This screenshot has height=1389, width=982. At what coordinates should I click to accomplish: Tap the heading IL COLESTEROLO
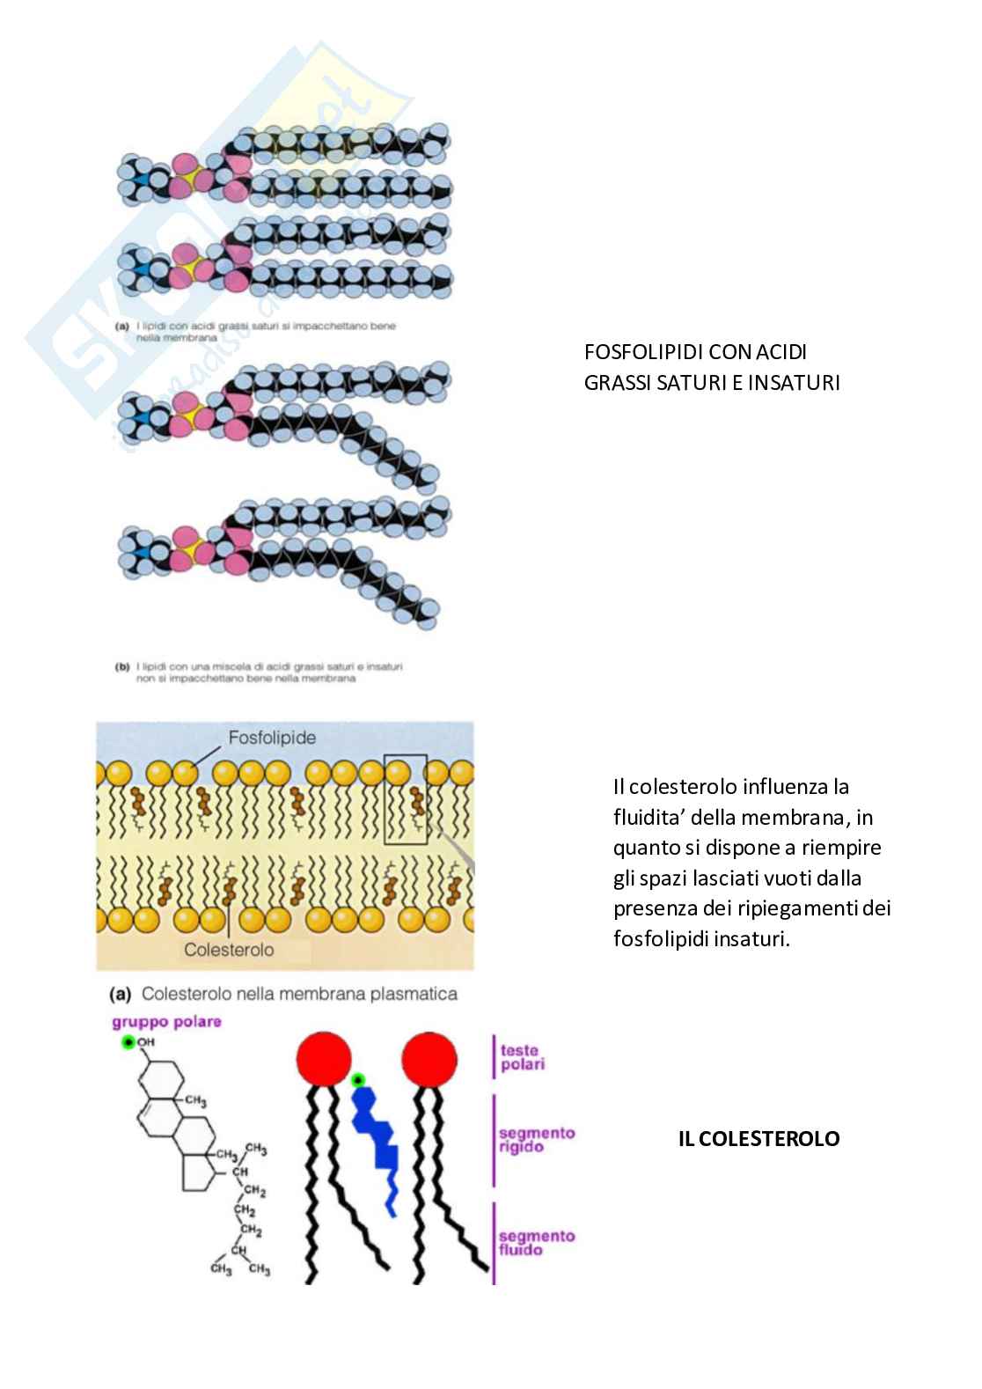click(x=758, y=1139)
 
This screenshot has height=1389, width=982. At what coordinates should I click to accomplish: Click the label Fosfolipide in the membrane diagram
click(x=272, y=737)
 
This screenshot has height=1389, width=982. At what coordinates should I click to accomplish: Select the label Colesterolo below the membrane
click(x=229, y=950)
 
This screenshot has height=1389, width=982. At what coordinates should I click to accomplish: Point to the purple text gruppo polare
click(x=166, y=1022)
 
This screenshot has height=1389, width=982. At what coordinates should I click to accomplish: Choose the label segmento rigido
click(x=536, y=1140)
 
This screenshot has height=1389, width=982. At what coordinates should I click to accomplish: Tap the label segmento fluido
click(x=536, y=1243)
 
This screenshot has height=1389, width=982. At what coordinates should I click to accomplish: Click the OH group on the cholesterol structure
click(x=145, y=1042)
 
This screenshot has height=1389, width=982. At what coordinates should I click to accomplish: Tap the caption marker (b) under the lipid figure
click(x=122, y=667)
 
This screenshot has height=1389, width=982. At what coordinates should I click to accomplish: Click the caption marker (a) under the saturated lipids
click(x=122, y=326)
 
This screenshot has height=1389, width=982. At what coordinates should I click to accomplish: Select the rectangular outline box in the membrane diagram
click(x=406, y=798)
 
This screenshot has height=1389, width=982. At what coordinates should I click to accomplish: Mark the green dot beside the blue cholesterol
click(x=357, y=1080)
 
